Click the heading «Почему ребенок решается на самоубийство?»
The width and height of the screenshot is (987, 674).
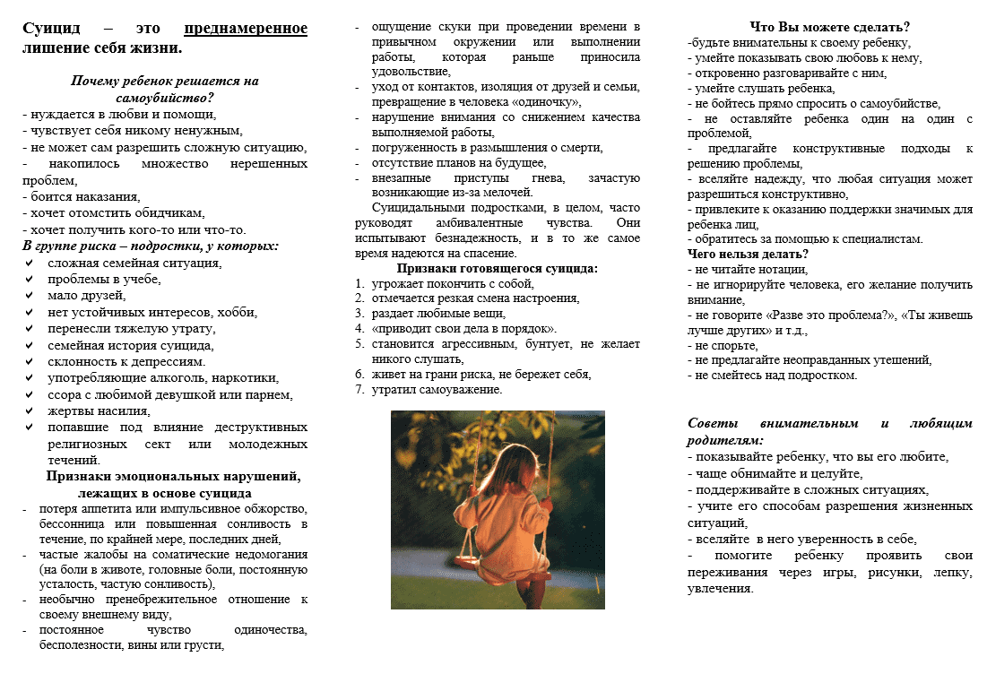[165, 89]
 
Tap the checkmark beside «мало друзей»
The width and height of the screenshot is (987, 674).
[30, 296]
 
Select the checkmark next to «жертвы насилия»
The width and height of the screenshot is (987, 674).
[30, 410]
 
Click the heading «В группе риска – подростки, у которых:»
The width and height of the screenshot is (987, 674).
[151, 245]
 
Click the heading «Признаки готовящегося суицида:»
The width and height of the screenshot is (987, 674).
[498, 267]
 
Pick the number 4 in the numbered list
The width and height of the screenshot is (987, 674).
[359, 328]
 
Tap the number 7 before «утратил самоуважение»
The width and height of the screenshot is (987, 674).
[359, 390]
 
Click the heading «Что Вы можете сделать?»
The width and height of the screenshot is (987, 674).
[829, 26]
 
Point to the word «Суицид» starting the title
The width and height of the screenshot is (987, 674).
[53, 28]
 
